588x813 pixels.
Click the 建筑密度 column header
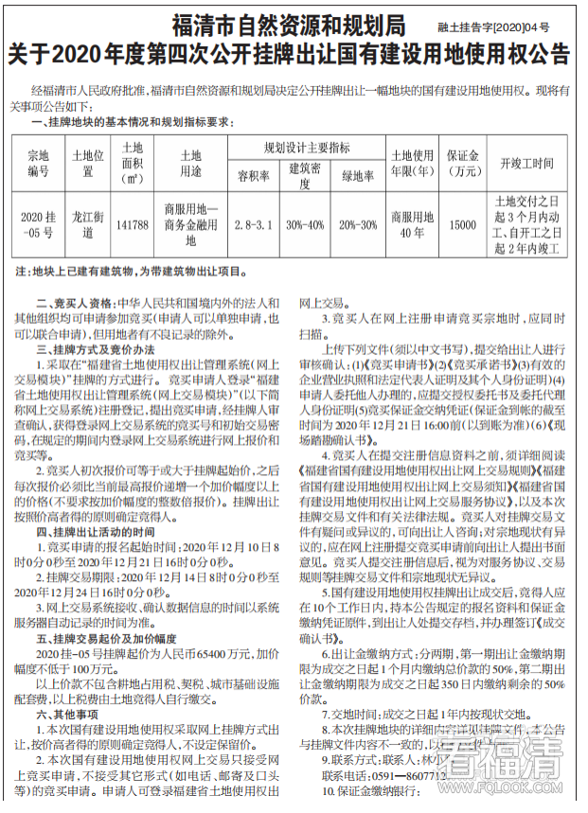coord(306,175)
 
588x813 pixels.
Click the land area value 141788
coord(132,224)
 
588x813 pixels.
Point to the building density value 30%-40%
coord(306,224)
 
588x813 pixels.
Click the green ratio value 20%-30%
coord(358,224)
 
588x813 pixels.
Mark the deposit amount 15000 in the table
coord(462,224)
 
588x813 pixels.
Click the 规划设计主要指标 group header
coord(306,148)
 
